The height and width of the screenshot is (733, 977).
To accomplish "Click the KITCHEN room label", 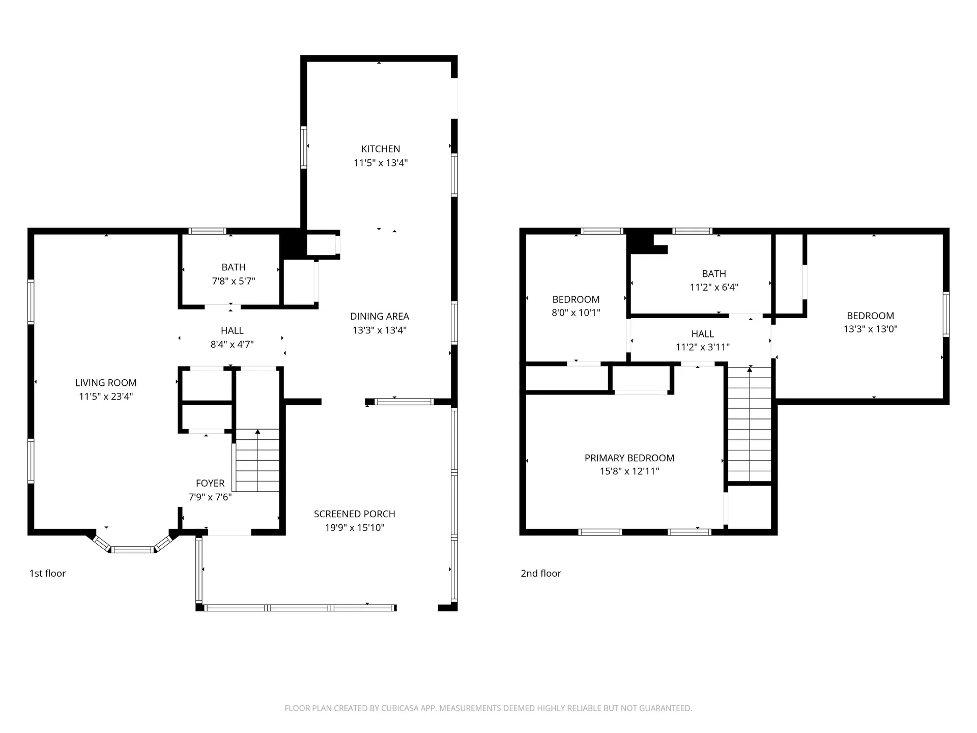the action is (381, 149).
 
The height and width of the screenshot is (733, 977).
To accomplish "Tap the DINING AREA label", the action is (380, 316).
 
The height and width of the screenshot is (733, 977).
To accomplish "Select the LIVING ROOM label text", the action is (106, 383).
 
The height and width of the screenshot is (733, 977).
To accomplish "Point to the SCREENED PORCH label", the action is (355, 514).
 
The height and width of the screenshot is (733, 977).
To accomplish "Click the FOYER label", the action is (210, 483).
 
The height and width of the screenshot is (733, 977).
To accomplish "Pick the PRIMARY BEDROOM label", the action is (629, 458).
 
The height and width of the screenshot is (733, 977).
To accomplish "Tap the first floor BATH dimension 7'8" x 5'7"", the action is (234, 281).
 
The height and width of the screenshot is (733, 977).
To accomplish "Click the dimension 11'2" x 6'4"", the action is (714, 287).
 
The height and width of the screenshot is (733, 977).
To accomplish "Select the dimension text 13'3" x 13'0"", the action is (871, 329).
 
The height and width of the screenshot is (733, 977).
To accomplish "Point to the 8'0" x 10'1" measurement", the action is (576, 313).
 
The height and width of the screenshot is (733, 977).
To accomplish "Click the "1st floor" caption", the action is (47, 573).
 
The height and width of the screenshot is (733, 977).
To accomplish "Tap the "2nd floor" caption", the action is (541, 573).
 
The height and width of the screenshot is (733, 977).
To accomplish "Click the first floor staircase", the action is (257, 460).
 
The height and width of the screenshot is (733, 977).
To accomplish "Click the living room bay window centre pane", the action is (132, 550).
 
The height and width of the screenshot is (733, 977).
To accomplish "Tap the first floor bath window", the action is (207, 231).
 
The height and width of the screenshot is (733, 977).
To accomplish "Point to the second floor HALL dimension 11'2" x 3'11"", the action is (703, 347).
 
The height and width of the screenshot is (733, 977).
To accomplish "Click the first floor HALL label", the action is (232, 330).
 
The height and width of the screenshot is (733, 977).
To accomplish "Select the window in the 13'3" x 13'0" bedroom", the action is (946, 314).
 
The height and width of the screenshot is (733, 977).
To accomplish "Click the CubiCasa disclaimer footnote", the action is (489, 708).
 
